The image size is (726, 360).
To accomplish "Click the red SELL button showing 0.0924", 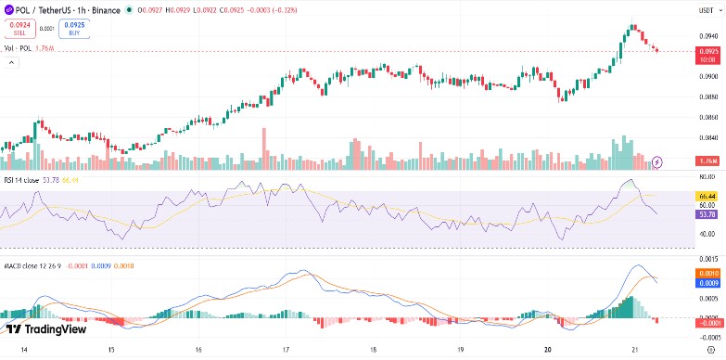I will pyautogui.click(x=19, y=28).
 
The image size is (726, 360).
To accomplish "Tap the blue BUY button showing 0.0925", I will pyautogui.click(x=73, y=28).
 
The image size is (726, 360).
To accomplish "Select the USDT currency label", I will pyautogui.click(x=707, y=9).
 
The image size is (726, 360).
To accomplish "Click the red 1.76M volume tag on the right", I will pyautogui.click(x=707, y=161).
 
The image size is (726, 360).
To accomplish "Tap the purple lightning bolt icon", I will pyautogui.click(x=658, y=161).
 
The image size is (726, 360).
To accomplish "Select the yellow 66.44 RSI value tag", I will pyautogui.click(x=707, y=197).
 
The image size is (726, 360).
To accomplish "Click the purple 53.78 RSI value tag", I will pyautogui.click(x=707, y=214).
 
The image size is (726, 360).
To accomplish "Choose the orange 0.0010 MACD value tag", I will pyautogui.click(x=707, y=274).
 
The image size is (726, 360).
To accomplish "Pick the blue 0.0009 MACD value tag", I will pyautogui.click(x=707, y=283).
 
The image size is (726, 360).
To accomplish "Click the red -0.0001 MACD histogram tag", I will pyautogui.click(x=707, y=320).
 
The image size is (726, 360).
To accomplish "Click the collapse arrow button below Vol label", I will pyautogui.click(x=11, y=62).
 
